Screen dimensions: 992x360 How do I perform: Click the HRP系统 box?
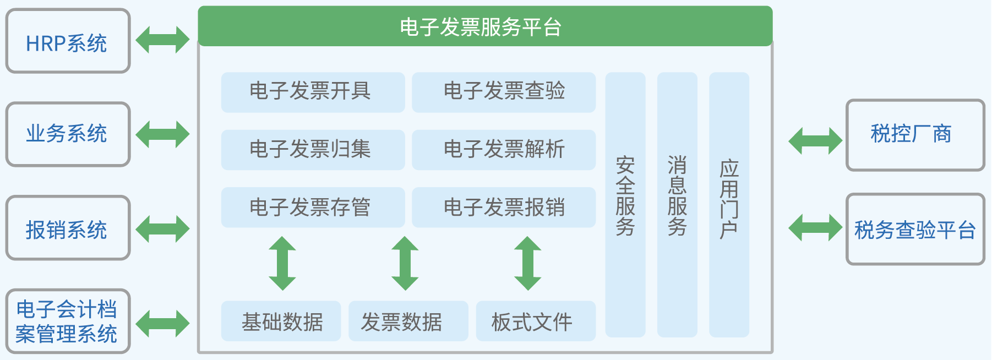click(x=68, y=41)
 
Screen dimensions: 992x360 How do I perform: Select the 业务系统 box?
click(x=68, y=134)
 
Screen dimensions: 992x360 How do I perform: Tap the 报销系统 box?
click(x=68, y=228)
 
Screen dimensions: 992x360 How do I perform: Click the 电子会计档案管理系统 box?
click(x=68, y=321)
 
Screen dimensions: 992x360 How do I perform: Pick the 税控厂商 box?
click(x=915, y=135)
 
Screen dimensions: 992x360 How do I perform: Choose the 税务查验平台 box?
click(x=915, y=229)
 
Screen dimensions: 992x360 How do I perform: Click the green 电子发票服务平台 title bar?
click(x=485, y=26)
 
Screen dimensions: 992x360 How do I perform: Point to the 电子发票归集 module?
click(x=313, y=150)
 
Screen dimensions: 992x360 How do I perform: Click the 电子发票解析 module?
click(x=504, y=150)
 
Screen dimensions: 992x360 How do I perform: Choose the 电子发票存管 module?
click(x=313, y=208)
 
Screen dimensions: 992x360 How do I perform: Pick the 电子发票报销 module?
click(x=504, y=208)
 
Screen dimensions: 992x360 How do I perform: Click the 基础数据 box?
click(x=281, y=321)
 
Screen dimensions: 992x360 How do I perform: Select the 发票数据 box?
click(x=408, y=321)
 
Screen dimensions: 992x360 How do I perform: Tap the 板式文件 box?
click(x=536, y=321)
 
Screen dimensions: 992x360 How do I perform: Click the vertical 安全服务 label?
click(x=625, y=197)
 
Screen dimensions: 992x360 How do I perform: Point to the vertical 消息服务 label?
click(x=677, y=197)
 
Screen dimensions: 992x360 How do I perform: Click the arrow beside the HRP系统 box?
click(x=162, y=40)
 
